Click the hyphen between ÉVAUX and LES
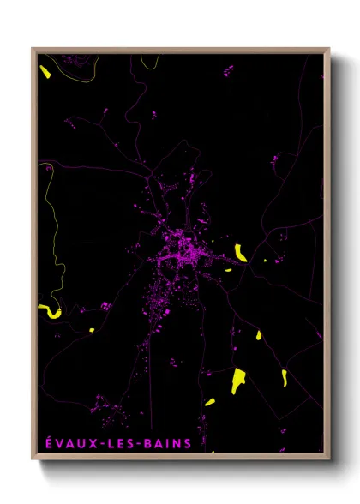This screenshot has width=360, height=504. coord(96,443)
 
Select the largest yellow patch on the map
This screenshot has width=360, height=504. coord(238,380)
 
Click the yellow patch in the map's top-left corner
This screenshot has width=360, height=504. coord(45,70)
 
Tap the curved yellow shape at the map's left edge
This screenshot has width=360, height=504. coord(49,311)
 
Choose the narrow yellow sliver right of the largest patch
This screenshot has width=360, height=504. coord(284,377)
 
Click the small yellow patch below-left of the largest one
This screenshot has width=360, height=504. coord(210,402)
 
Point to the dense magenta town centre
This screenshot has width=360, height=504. coord(183,249)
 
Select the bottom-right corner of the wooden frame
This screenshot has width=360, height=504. coord(328,460)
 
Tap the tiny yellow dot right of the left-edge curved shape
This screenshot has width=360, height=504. coord(91,329)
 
